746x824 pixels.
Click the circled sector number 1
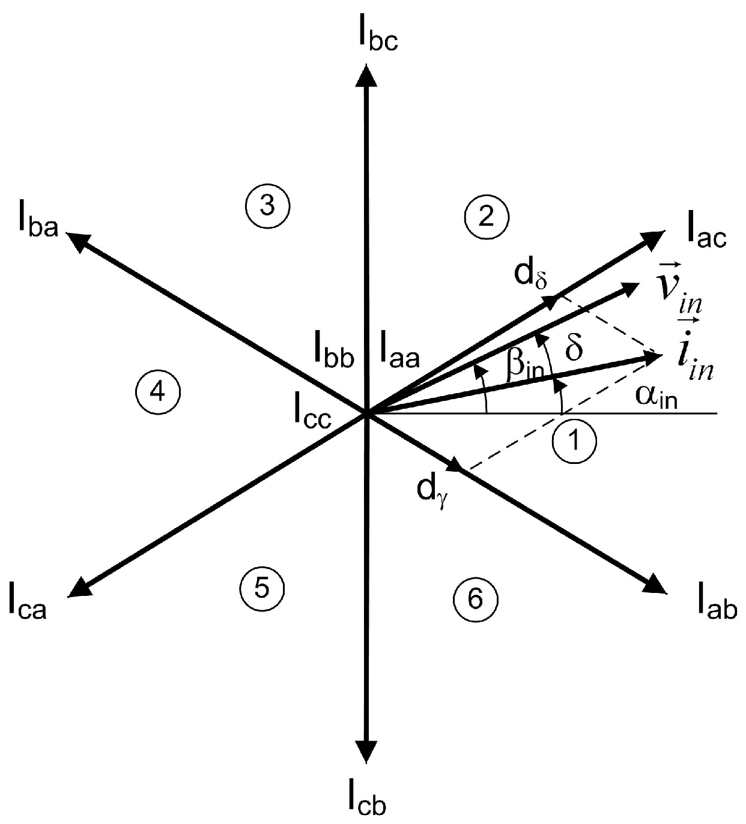pos(574,441)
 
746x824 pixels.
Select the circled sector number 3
pos(268,206)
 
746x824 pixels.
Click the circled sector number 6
pos(475,598)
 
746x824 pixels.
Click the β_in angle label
pos(524,364)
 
